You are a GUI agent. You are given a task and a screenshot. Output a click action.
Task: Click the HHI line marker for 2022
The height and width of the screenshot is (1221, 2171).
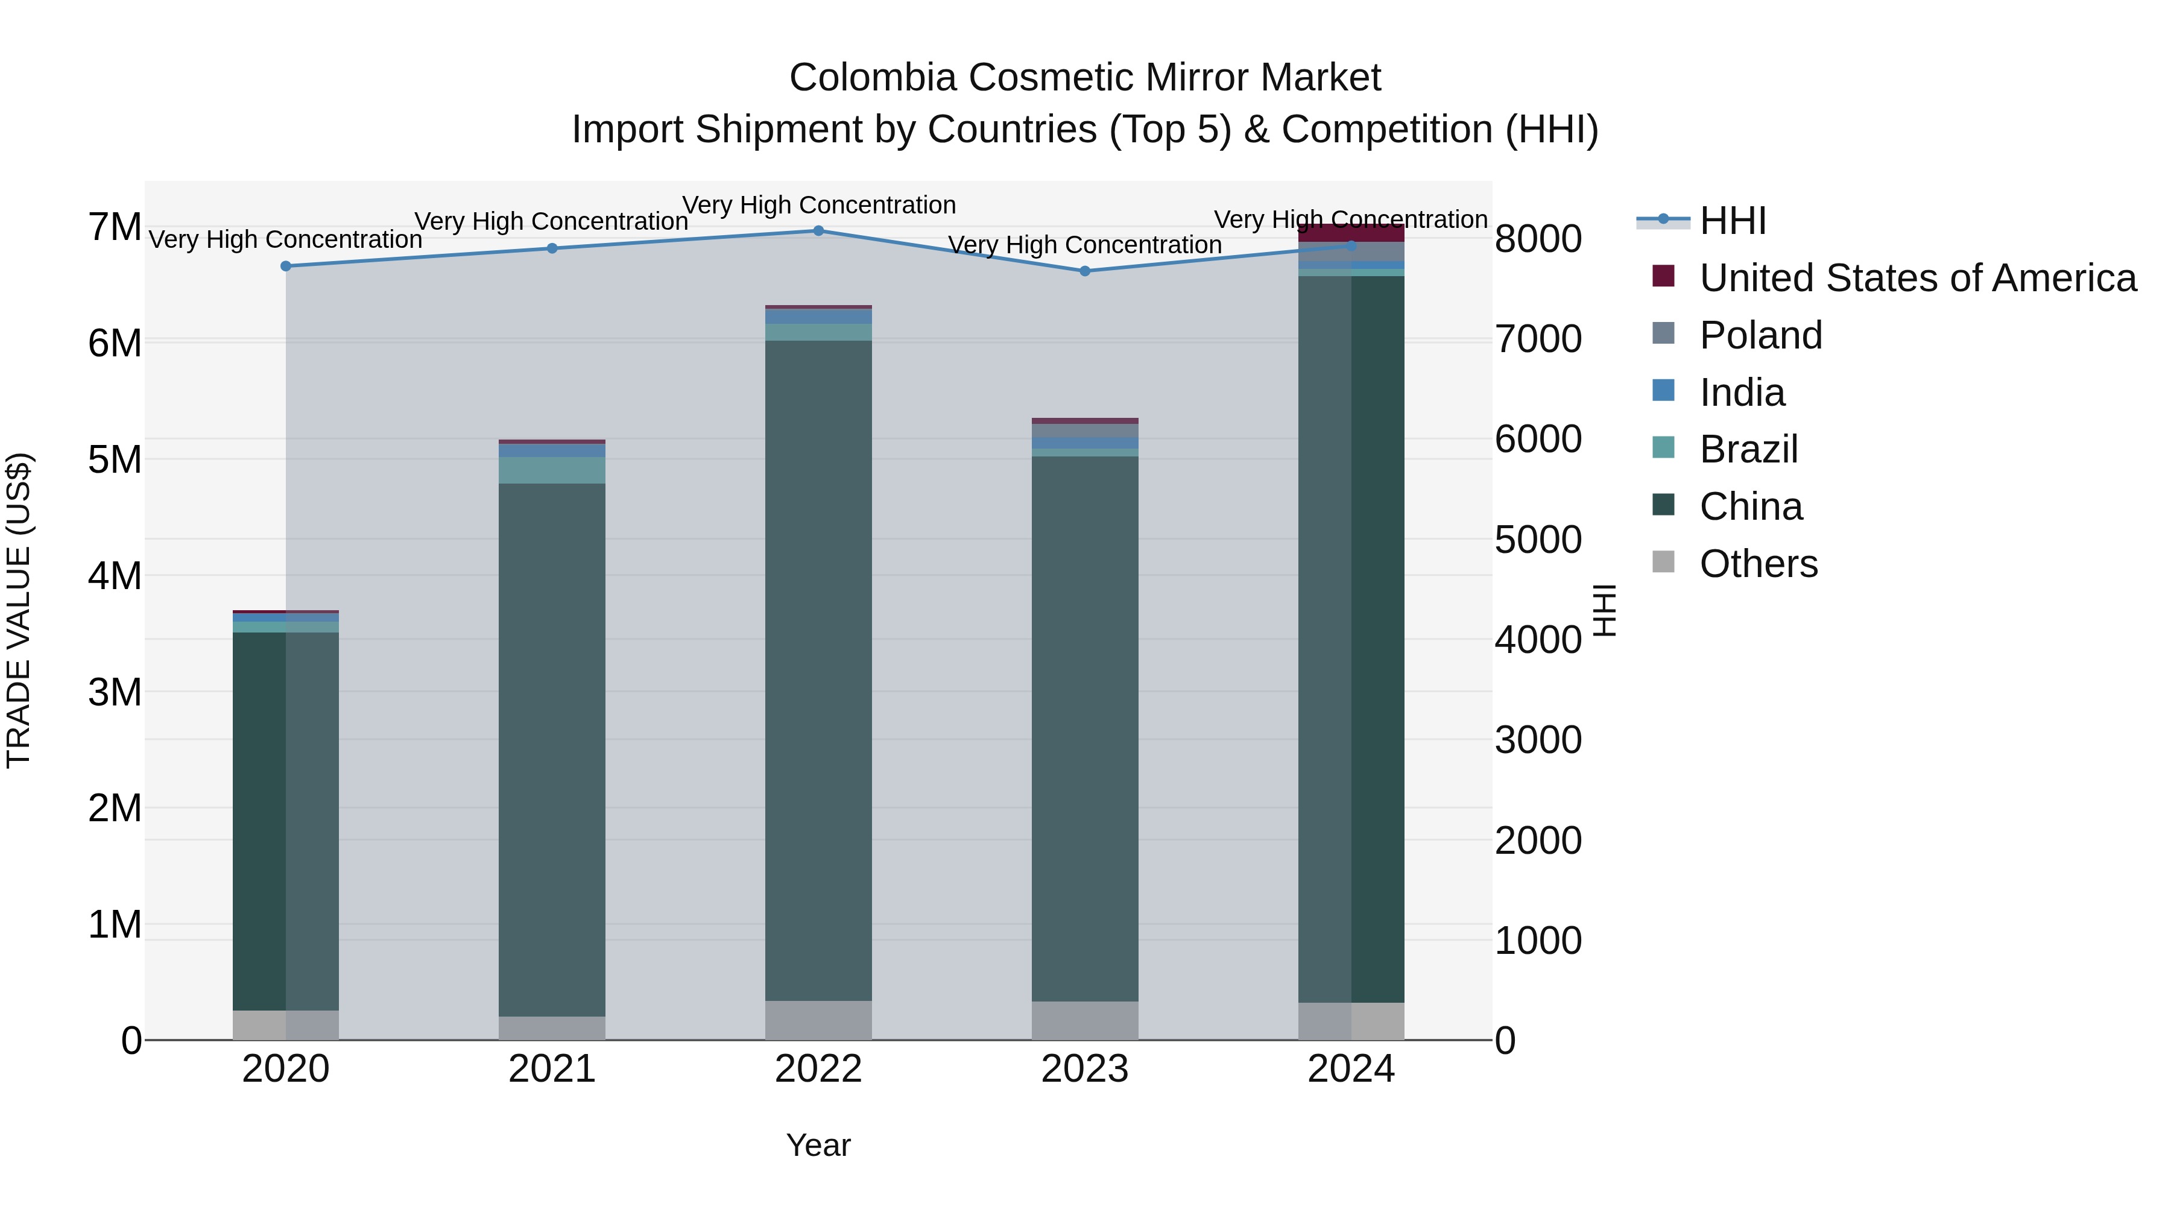tap(818, 231)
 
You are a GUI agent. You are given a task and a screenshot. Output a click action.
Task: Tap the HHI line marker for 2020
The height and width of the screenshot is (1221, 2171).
tap(286, 267)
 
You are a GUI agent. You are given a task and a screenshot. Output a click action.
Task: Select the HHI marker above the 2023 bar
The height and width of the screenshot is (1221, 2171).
tap(1085, 271)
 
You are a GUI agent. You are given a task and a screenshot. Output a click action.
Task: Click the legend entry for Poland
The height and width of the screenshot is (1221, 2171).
tap(1760, 335)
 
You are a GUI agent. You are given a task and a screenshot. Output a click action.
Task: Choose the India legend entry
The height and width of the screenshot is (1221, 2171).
tap(1742, 393)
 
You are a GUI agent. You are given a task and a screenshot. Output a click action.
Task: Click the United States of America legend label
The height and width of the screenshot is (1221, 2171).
tap(1917, 278)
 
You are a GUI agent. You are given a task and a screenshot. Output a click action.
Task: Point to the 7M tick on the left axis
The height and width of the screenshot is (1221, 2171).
tap(115, 227)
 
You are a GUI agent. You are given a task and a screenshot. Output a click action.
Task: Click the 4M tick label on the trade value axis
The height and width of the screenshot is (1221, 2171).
tap(115, 576)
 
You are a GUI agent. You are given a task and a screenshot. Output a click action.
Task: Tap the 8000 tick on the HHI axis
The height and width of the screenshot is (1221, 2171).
tap(1538, 239)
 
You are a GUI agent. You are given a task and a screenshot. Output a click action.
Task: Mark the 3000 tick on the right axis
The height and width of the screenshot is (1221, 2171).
tap(1538, 740)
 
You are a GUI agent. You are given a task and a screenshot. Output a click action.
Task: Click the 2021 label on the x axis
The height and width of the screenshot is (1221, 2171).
tap(552, 1069)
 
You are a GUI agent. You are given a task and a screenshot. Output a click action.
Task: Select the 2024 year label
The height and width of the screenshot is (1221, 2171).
tap(1351, 1069)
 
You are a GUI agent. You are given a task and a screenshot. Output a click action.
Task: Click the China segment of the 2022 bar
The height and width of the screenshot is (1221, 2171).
tap(818, 670)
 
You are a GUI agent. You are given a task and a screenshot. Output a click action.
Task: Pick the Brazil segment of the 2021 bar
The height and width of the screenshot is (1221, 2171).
tap(552, 470)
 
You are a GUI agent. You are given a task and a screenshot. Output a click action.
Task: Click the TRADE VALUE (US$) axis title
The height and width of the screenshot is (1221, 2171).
tap(19, 610)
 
